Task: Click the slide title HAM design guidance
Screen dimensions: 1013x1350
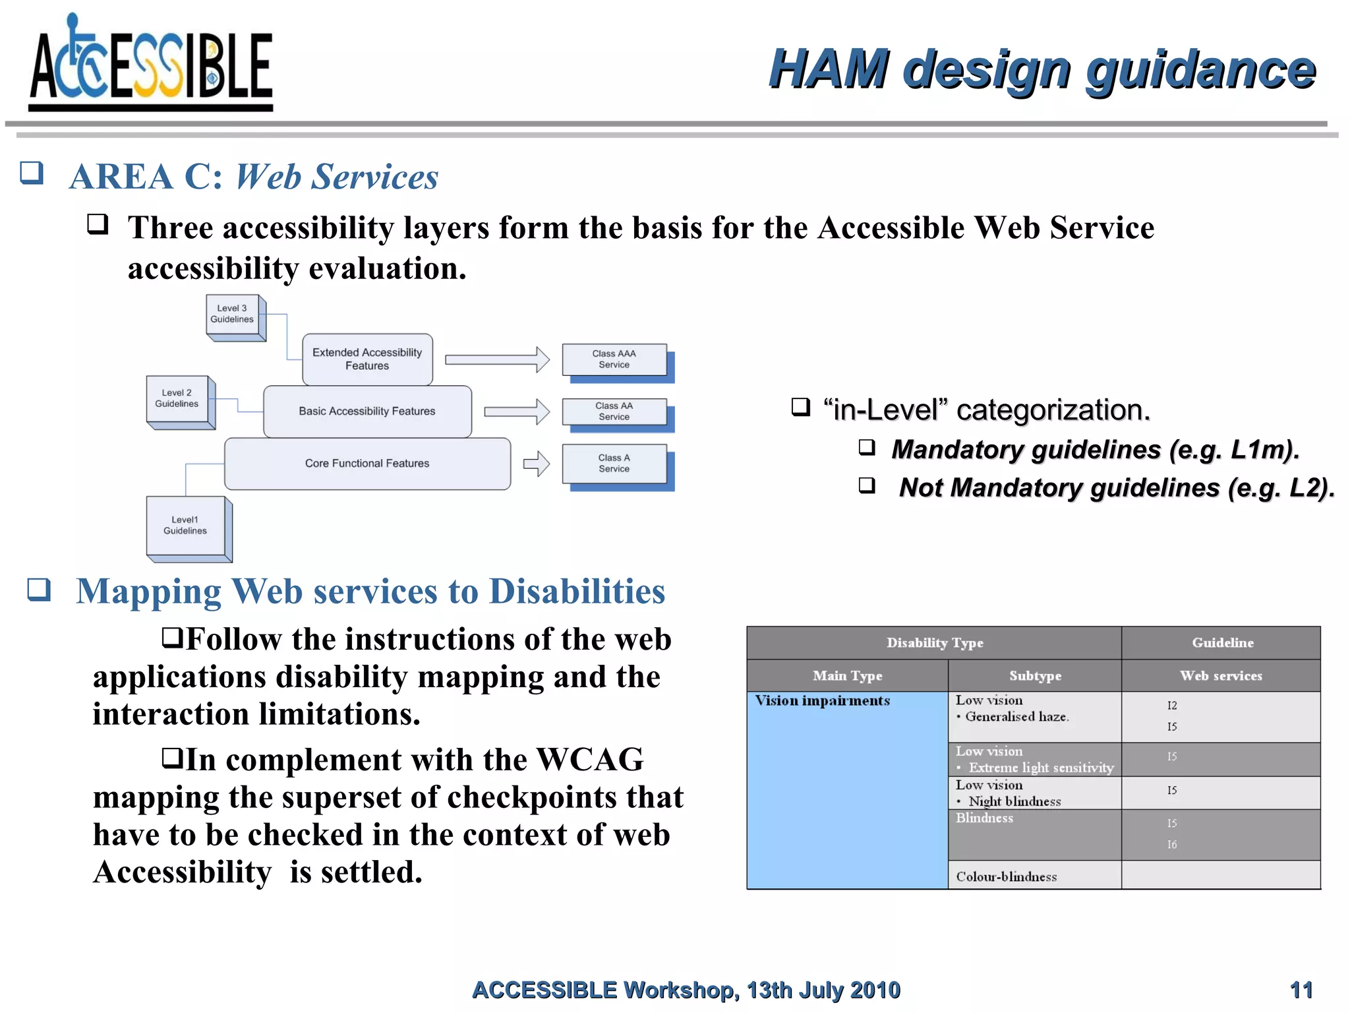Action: point(1042,69)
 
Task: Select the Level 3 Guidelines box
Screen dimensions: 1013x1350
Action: point(233,315)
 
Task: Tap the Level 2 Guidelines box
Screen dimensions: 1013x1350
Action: point(177,399)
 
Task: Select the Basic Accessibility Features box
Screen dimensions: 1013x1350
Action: point(367,412)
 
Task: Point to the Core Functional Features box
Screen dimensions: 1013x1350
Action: point(367,464)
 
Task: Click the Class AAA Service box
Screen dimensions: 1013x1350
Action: point(614,359)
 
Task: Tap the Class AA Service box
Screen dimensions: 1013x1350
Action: point(614,412)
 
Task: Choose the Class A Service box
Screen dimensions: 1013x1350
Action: point(614,464)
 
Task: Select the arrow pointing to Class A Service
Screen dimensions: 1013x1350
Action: point(537,464)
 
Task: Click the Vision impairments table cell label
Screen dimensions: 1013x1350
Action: point(822,701)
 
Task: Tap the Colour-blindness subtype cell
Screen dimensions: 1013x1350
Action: point(1007,876)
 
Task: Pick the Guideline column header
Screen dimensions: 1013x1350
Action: point(1222,643)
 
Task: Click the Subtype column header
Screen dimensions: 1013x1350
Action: point(1035,676)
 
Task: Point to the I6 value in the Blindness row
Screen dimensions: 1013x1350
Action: point(1171,845)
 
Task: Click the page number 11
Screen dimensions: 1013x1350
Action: point(1301,990)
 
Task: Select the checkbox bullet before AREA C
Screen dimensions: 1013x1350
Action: point(32,173)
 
